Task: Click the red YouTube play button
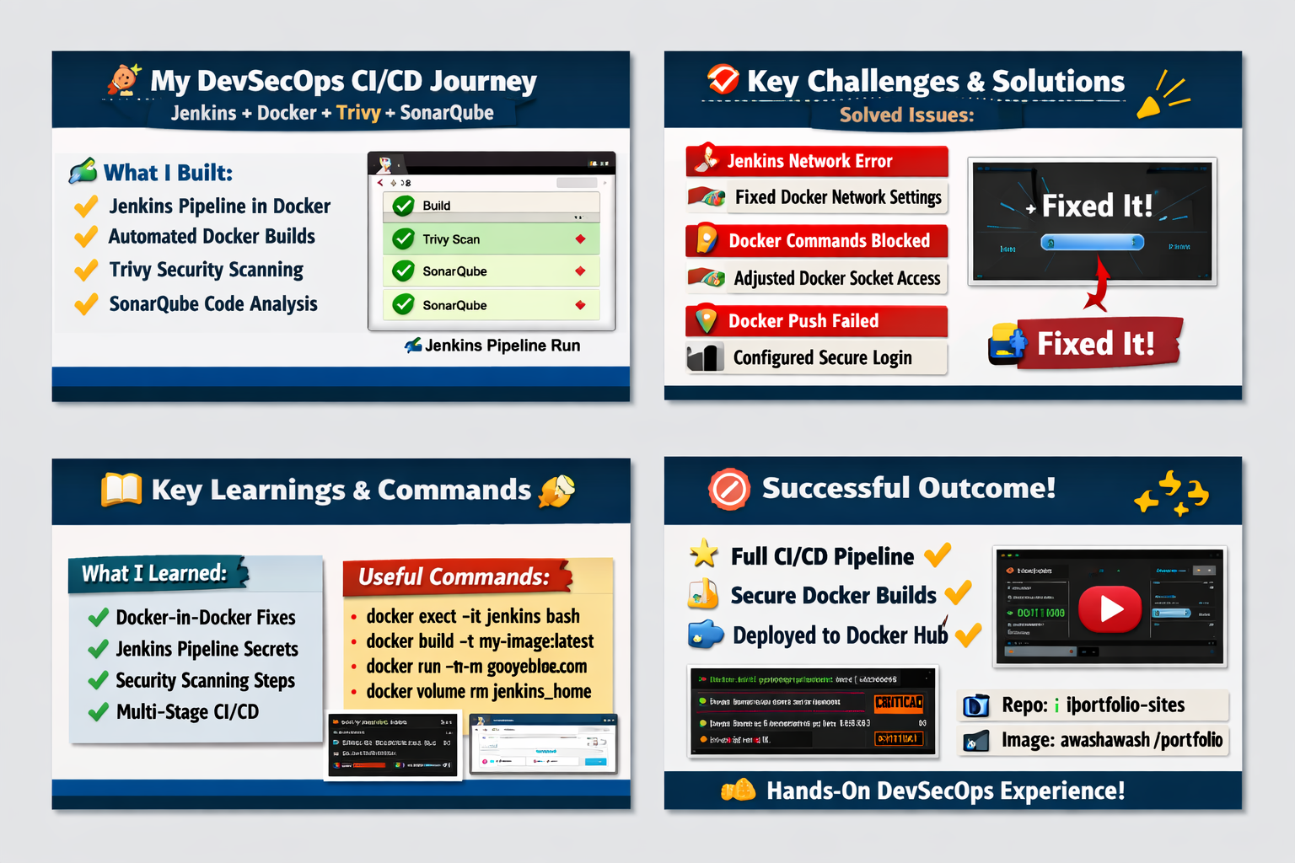[1110, 608]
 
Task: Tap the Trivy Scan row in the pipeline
[491, 239]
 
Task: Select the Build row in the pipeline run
[491, 205]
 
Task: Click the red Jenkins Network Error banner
[816, 161]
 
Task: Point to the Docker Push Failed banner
[816, 321]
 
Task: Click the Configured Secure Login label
[822, 358]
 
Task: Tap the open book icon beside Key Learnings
[121, 490]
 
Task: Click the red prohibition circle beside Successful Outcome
[729, 490]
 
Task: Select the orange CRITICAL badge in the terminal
[899, 702]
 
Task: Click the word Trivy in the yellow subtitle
[358, 113]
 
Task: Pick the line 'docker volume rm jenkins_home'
[478, 692]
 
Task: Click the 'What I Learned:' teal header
[154, 574]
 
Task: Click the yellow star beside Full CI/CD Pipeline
[703, 554]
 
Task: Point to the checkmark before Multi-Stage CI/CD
[99, 713]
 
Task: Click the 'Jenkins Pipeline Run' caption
[502, 346]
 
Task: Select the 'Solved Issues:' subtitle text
[906, 115]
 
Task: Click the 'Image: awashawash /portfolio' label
[1111, 740]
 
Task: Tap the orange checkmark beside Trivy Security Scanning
[86, 271]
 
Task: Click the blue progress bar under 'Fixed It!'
[1092, 243]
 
